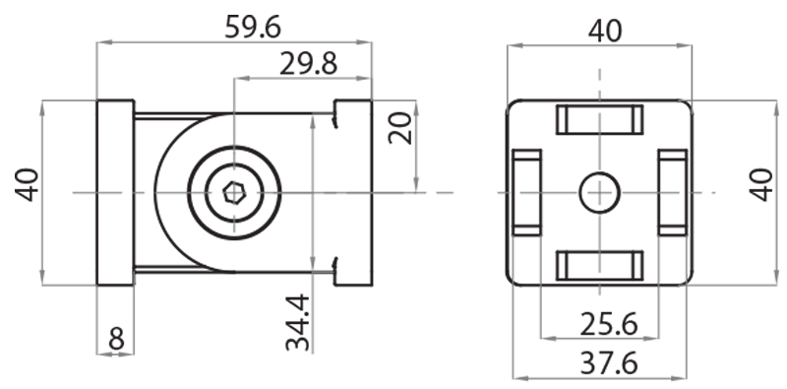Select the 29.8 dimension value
point(308,65)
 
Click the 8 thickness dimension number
point(116,339)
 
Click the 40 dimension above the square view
point(604,31)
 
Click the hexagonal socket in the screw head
point(234,192)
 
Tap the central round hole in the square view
point(599,192)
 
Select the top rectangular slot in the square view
point(600,119)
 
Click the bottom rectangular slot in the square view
point(600,265)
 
